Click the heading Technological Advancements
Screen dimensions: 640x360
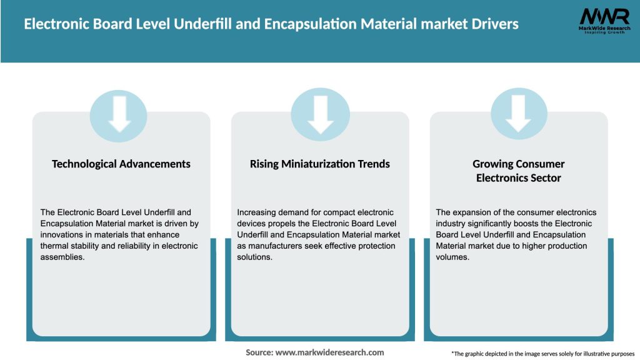[x=121, y=164]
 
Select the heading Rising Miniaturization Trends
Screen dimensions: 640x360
[x=320, y=164]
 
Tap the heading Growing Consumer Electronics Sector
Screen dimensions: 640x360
[x=518, y=171]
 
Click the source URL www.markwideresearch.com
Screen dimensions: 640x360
[x=330, y=352]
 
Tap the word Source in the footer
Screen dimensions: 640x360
[x=259, y=352]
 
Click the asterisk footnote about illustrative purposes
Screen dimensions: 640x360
[x=542, y=354]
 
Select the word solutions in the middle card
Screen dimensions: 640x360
[x=254, y=257]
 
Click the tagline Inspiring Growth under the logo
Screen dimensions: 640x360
[x=604, y=32]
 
